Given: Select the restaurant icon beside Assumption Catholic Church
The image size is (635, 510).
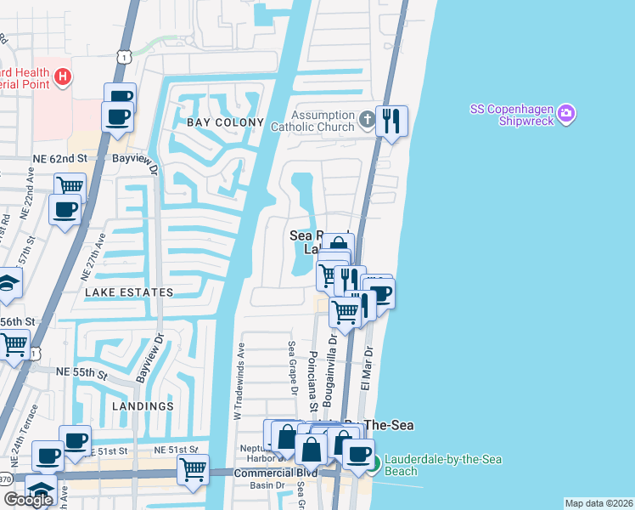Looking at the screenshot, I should tap(391, 120).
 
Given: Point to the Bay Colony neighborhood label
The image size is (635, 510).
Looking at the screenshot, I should tap(226, 123).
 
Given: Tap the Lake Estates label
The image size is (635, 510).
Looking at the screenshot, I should tap(128, 292).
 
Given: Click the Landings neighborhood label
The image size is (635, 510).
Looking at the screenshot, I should tap(142, 406).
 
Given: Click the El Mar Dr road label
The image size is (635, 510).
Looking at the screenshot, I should tap(368, 366).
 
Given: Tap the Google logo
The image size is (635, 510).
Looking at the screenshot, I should tap(28, 500).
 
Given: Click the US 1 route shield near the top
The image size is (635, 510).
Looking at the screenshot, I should tap(125, 57).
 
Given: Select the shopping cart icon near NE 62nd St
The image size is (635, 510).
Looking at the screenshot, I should tap(70, 185).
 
